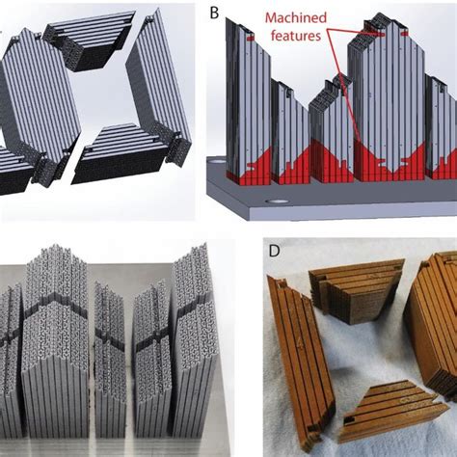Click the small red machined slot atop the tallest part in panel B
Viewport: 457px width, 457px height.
point(383,34)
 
